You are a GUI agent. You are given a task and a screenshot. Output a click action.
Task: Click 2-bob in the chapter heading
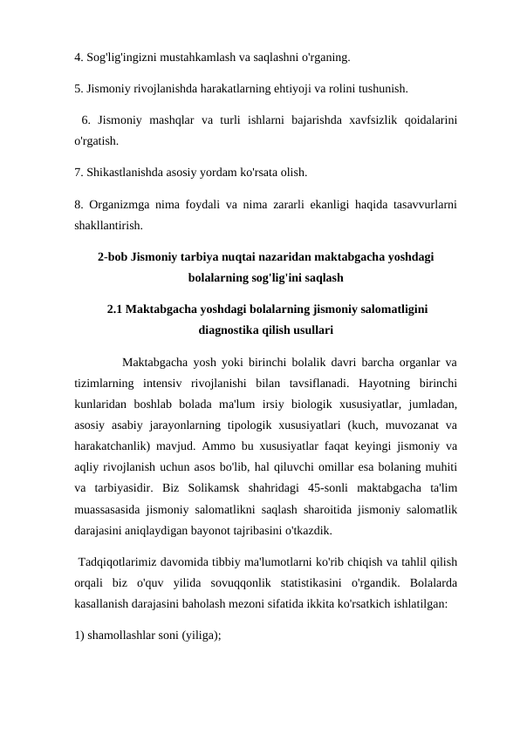113,258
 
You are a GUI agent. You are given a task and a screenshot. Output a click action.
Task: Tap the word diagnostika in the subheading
231,330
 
